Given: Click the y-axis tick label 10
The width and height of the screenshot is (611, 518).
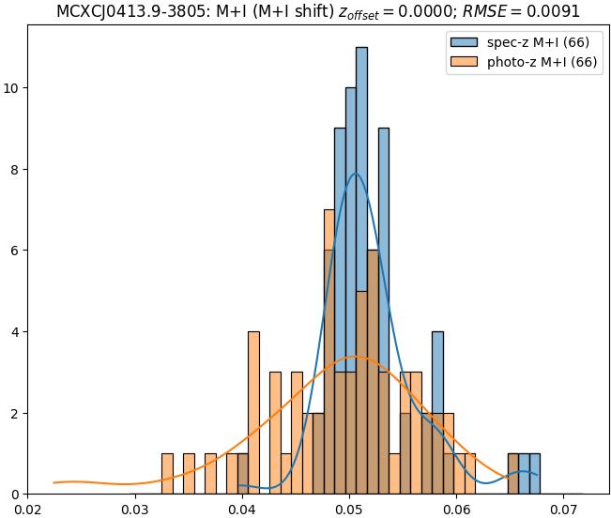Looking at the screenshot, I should [x=12, y=88].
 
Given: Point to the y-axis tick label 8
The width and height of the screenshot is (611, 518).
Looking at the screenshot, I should [x=16, y=170].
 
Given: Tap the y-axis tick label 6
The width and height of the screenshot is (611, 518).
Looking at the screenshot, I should [x=16, y=251].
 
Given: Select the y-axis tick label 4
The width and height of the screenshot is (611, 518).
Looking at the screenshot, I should [x=16, y=332].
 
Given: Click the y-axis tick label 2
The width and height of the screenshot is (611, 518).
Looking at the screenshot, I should [x=16, y=413].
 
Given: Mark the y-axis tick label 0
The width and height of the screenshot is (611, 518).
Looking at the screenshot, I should [x=16, y=495].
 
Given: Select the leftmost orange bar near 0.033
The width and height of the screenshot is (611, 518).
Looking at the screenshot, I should [x=167, y=474].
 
